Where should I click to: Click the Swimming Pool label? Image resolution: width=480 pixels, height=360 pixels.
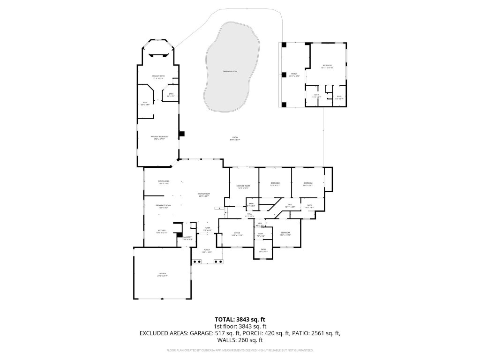pyautogui.click(x=230, y=71)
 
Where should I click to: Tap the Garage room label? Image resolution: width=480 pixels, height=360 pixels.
pyautogui.click(x=162, y=275)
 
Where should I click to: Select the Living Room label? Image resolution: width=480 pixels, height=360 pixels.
pyautogui.click(x=204, y=195)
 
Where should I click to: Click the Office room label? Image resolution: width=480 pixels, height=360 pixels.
pyautogui.click(x=237, y=234)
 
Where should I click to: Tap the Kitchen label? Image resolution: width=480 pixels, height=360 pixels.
pyautogui.click(x=161, y=231)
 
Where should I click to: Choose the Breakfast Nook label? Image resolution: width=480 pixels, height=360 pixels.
pyautogui.click(x=163, y=206)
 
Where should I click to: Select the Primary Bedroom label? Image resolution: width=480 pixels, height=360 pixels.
pyautogui.click(x=159, y=137)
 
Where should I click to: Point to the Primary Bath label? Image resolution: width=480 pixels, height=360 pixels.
pyautogui.click(x=158, y=77)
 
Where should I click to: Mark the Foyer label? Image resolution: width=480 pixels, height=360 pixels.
pyautogui.click(x=207, y=229)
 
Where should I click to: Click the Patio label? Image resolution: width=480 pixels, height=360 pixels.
pyautogui.click(x=235, y=138)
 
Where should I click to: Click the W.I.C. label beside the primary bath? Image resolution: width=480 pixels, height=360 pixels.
pyautogui.click(x=145, y=104)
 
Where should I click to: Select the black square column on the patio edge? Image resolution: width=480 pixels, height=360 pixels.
pyautogui.click(x=182, y=134)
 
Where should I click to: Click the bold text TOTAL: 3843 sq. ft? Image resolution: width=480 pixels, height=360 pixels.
pyautogui.click(x=240, y=320)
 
